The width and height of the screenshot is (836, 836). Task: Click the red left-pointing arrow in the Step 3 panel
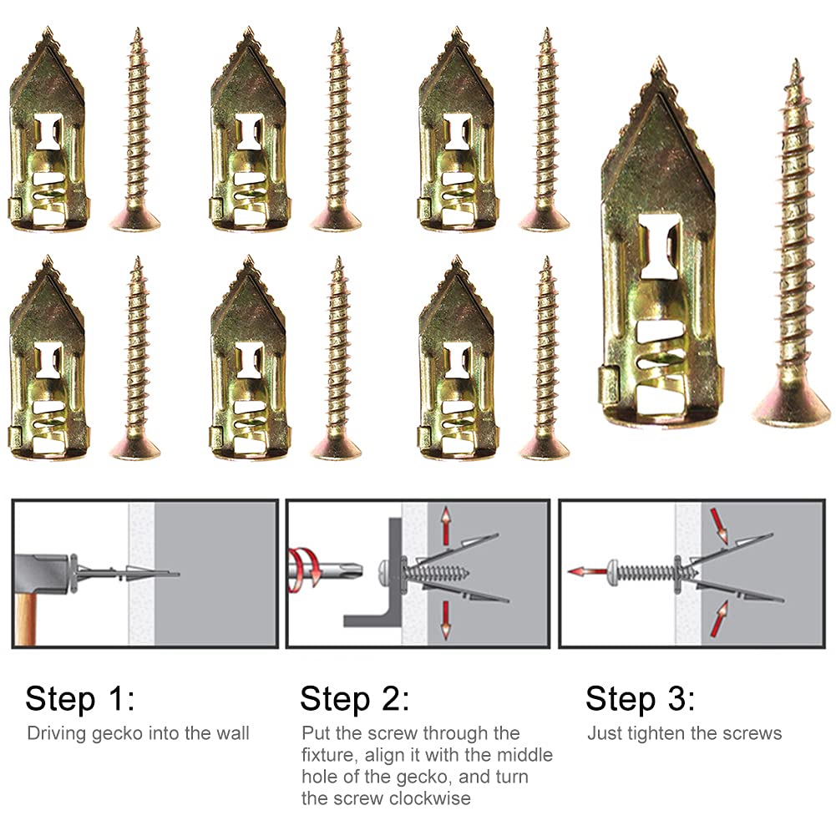point(585,572)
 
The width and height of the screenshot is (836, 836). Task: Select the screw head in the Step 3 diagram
point(616,571)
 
